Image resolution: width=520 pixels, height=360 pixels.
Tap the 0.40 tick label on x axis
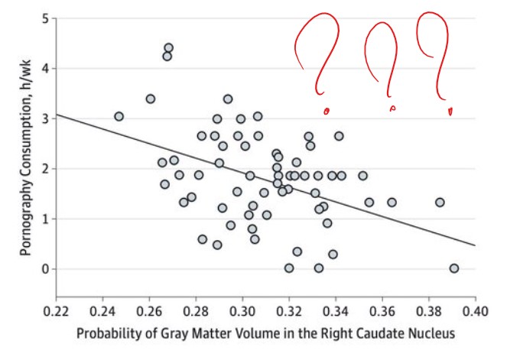(476, 312)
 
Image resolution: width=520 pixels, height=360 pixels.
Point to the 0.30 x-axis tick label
(243, 312)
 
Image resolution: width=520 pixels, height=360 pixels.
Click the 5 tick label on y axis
(44, 18)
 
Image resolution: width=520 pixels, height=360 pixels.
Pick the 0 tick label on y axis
(44, 269)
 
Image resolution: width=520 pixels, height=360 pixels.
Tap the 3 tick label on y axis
(44, 118)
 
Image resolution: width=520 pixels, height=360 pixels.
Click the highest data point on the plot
(168, 48)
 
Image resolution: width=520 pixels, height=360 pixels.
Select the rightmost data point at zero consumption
(454, 268)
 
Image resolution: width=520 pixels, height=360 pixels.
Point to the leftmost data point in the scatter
(119, 116)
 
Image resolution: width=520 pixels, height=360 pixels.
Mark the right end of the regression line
(476, 245)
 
